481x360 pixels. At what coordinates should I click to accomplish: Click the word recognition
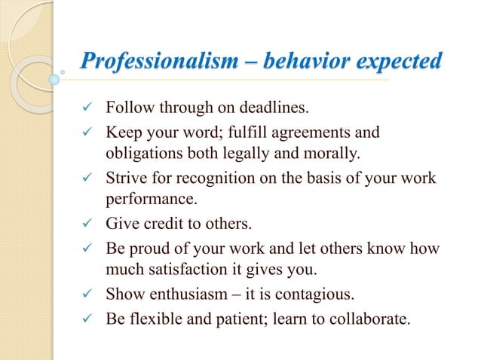pos(212,178)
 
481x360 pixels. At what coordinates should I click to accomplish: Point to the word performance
pos(146,200)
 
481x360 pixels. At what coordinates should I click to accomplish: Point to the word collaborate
pos(371,317)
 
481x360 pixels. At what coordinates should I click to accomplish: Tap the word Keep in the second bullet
pos(121,133)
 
